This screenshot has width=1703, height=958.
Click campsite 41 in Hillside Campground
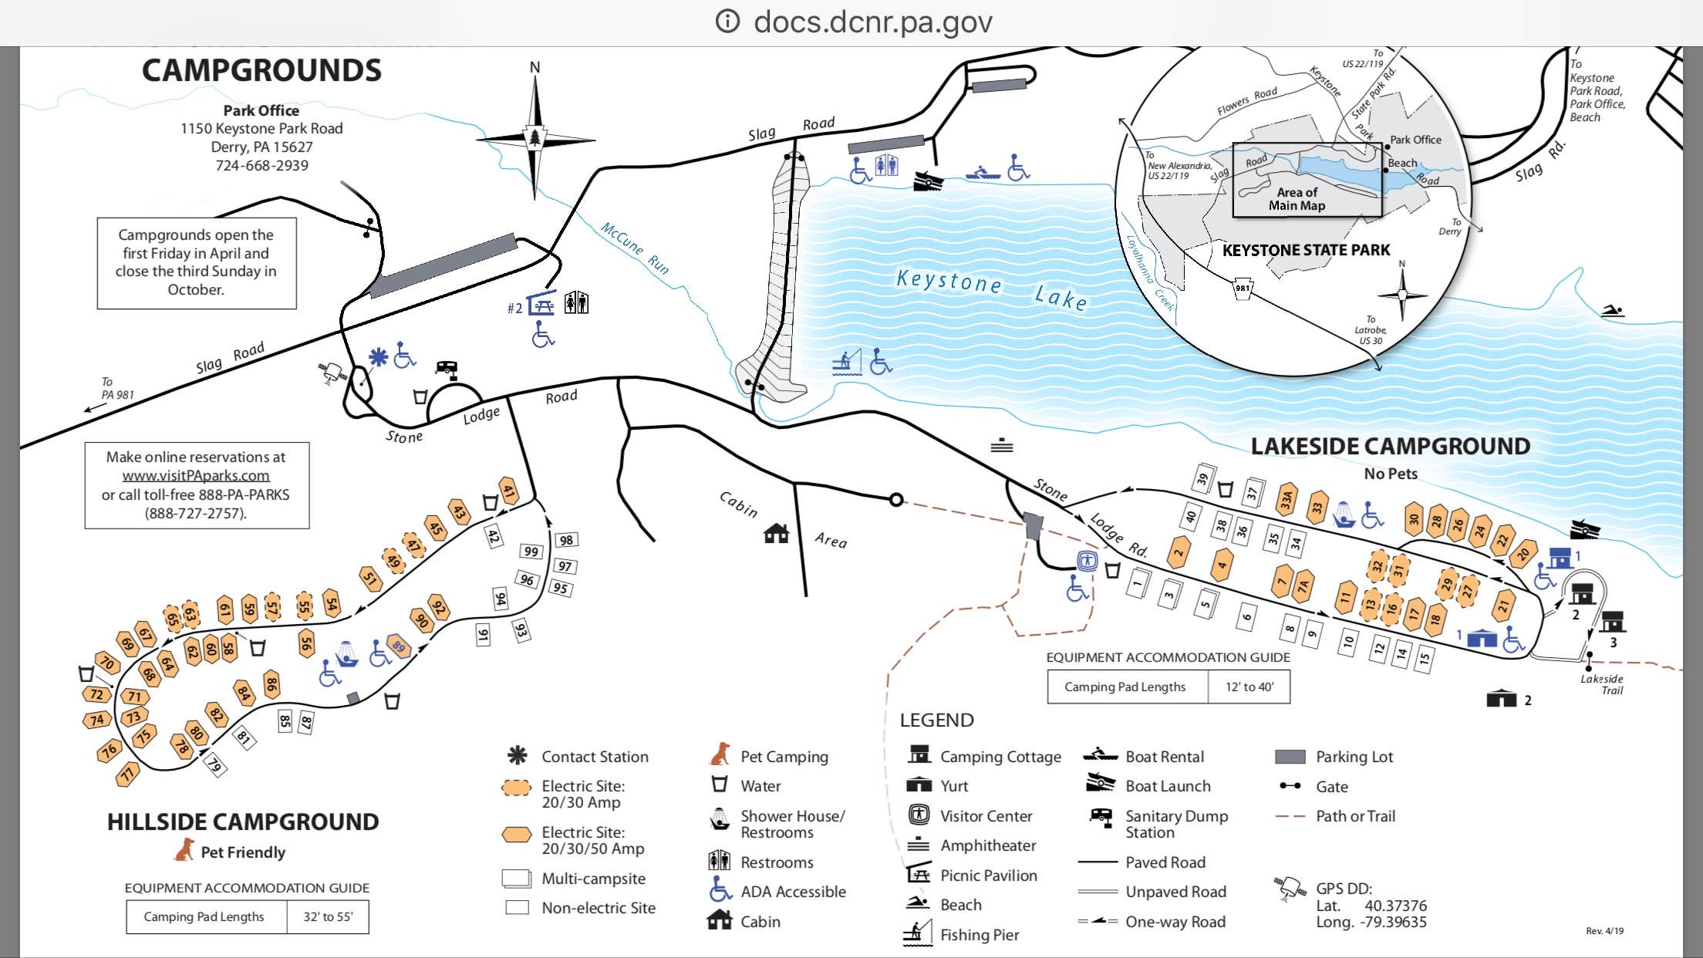pos(508,491)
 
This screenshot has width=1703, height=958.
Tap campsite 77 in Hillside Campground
pos(127,772)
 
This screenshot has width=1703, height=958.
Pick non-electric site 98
pos(567,540)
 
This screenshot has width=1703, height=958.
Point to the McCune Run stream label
pos(635,248)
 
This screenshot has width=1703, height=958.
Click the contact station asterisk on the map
pos(378,357)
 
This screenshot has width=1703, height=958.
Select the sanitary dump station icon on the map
pos(447,369)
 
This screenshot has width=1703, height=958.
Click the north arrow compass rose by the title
pos(535,139)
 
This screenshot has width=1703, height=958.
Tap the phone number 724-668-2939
pos(261,165)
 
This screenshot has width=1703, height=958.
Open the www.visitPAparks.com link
pos(196,475)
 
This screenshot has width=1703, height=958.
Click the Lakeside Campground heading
pos(1390,446)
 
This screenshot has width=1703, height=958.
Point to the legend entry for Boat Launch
pos(1168,786)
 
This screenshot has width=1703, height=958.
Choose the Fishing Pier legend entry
pos(979,935)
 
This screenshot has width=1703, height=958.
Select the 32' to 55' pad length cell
pos(328,916)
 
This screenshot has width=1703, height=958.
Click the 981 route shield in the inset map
pos(1243,288)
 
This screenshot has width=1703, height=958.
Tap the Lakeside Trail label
pos(1602,684)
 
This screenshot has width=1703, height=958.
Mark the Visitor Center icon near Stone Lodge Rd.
pos(1088,561)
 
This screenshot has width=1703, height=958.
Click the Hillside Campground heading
pos(243,821)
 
